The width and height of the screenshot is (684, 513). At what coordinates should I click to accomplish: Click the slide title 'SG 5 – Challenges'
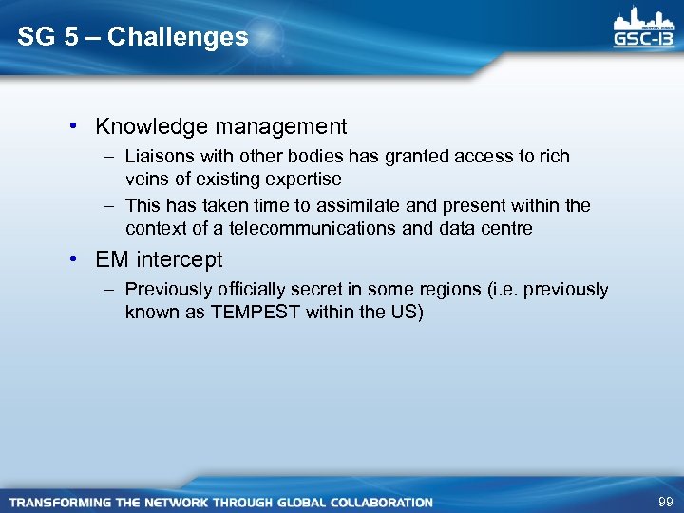point(133,38)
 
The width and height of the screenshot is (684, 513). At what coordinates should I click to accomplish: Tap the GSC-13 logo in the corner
point(643,28)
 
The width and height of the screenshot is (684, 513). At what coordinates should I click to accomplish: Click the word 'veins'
point(145,179)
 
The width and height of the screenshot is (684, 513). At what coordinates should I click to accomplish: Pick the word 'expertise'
point(303,179)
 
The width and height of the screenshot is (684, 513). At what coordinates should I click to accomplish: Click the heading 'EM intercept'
point(159,259)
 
